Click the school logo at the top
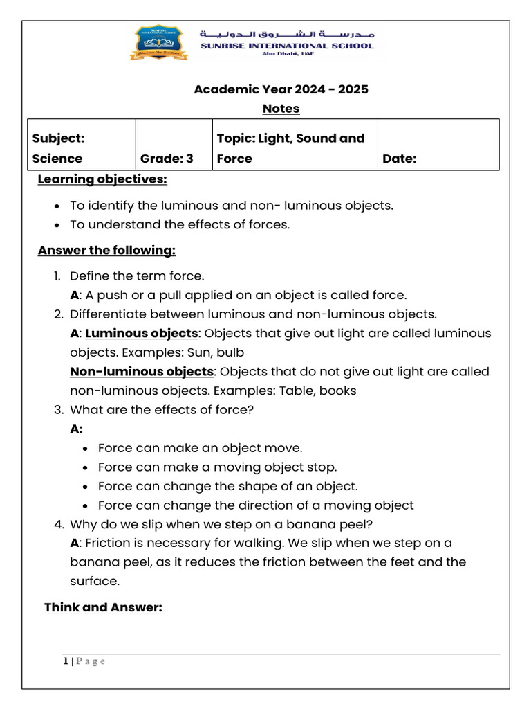pyautogui.click(x=158, y=42)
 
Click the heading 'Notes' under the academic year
pyautogui.click(x=281, y=109)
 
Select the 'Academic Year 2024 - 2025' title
pyautogui.click(x=281, y=89)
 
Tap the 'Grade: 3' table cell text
pyautogui.click(x=167, y=159)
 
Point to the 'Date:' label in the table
pyautogui.click(x=400, y=159)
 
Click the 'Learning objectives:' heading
pyautogui.click(x=102, y=179)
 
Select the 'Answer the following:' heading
pyautogui.click(x=106, y=250)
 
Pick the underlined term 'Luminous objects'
pyautogui.click(x=142, y=333)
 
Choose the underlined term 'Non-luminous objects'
pyautogui.click(x=142, y=371)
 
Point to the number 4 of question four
pyautogui.click(x=58, y=524)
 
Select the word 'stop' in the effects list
pyautogui.click(x=322, y=467)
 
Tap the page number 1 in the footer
pyautogui.click(x=66, y=661)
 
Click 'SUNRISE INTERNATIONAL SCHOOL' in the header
pyautogui.click(x=286, y=46)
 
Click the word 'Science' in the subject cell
pyautogui.click(x=57, y=159)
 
